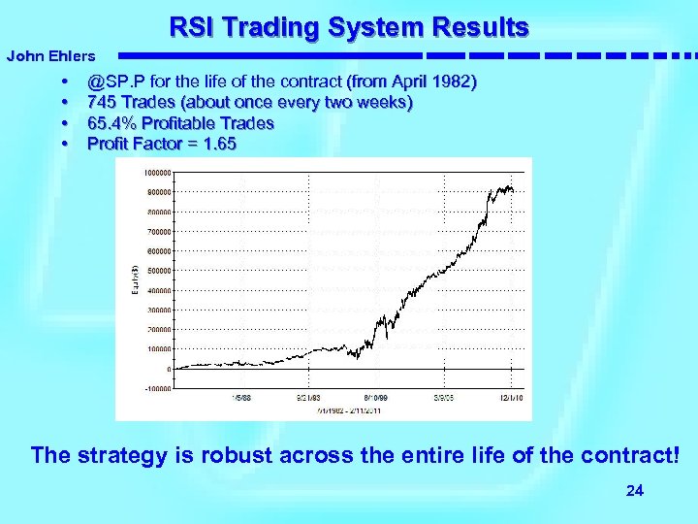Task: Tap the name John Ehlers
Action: click(x=50, y=57)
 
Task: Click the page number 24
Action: click(x=635, y=491)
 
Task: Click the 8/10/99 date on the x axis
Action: click(x=375, y=397)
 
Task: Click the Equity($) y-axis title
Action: click(x=136, y=280)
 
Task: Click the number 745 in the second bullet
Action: click(x=102, y=103)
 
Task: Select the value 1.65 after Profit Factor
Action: click(x=218, y=144)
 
